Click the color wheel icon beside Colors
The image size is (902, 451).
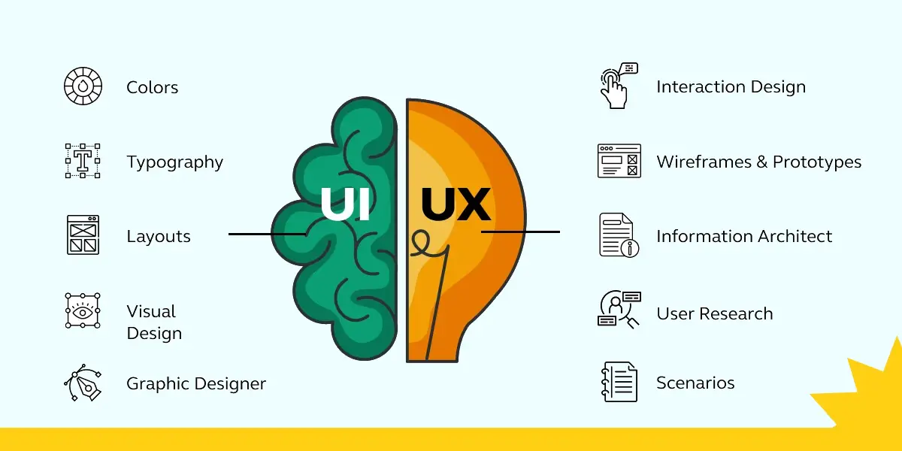(83, 86)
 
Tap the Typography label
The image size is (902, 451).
(174, 162)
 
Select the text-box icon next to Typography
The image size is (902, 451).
(83, 160)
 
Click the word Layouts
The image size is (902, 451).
(159, 237)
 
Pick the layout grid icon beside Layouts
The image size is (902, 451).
(83, 235)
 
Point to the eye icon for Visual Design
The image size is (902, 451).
(83, 310)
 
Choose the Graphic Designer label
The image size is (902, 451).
(196, 384)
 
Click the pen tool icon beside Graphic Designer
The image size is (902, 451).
(83, 384)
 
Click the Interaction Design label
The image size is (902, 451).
(731, 87)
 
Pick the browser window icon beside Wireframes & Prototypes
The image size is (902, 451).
(619, 161)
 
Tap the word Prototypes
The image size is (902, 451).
(817, 162)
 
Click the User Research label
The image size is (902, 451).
(714, 314)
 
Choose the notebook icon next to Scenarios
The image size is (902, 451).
(619, 382)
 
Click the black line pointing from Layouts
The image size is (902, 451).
(267, 235)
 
